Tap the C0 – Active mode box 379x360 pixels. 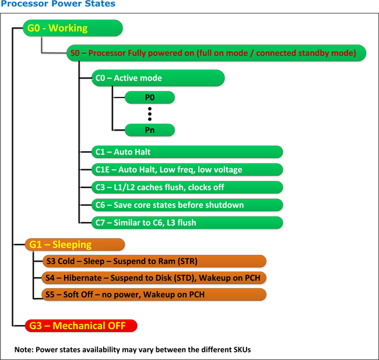click(x=157, y=78)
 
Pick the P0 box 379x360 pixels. click(x=149, y=97)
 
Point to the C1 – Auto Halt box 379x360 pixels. click(x=187, y=152)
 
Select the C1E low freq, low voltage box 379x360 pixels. click(x=187, y=170)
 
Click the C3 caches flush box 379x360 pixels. click(x=187, y=187)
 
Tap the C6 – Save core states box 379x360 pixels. click(x=187, y=205)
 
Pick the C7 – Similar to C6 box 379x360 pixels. click(x=187, y=222)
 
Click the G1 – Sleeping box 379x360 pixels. click(x=75, y=244)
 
